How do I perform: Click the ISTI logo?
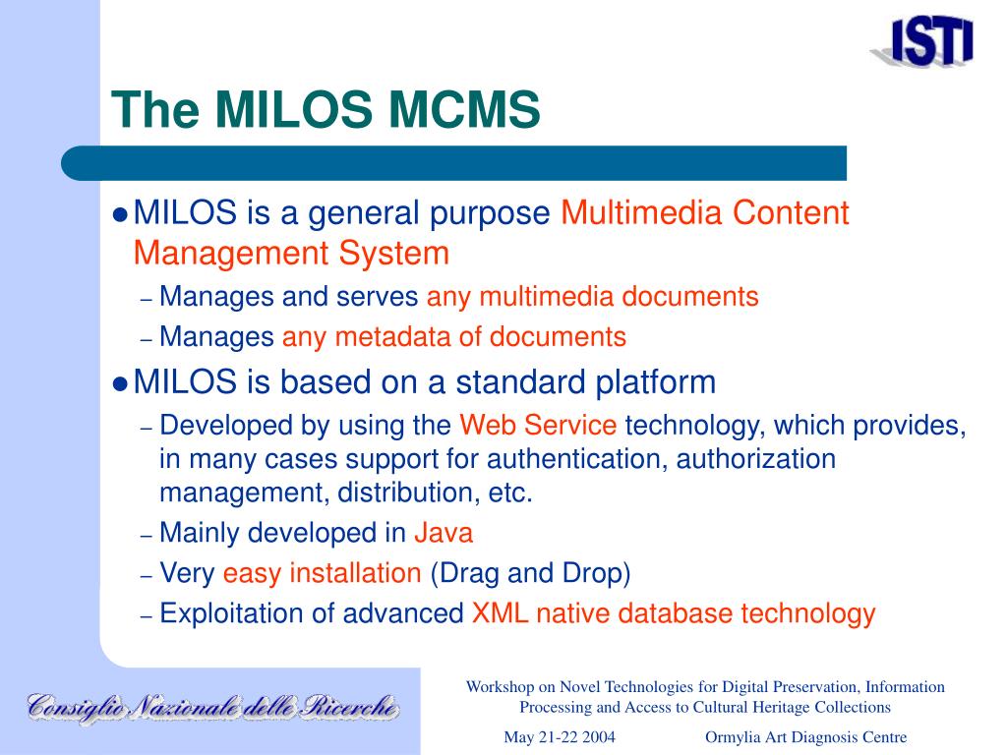923,42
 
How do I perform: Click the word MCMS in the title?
464,108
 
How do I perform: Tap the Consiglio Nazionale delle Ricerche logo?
213,709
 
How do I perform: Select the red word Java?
444,533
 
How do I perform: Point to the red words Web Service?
538,425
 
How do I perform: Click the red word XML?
500,613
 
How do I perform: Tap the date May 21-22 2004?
560,737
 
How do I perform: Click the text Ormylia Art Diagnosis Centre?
806,737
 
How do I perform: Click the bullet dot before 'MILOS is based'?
120,384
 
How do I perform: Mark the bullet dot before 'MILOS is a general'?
120,215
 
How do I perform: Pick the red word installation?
355,573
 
